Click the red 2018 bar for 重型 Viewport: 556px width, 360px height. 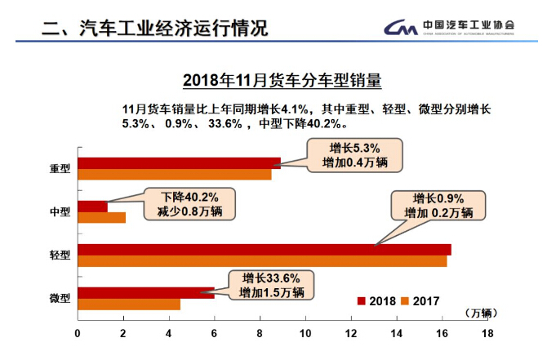[x=179, y=162]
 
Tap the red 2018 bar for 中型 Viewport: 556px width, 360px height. [x=92, y=206]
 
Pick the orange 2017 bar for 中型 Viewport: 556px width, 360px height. [x=101, y=217]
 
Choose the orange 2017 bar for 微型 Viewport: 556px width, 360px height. [x=128, y=304]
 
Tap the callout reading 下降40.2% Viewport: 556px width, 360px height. [x=189, y=204]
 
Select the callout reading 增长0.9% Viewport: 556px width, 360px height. [x=438, y=206]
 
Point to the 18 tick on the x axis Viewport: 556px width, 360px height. [x=488, y=332]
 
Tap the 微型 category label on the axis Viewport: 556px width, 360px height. [x=60, y=300]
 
